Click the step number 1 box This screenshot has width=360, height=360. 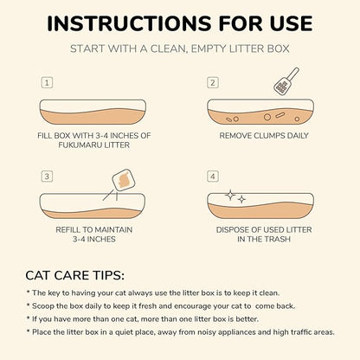click(47, 83)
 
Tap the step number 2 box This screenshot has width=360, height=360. click(213, 83)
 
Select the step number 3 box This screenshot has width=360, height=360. click(47, 177)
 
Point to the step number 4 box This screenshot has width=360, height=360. click(213, 177)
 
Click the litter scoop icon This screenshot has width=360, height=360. click(286, 81)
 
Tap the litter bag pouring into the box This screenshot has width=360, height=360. click(122, 181)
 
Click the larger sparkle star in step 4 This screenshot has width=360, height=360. click(230, 196)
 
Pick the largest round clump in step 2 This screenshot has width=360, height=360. click(267, 117)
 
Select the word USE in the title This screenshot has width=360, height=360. click(292, 23)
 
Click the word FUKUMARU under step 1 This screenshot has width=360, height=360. click(79, 145)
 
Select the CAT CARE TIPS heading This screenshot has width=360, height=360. click(74, 275)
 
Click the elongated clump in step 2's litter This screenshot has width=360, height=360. click(280, 115)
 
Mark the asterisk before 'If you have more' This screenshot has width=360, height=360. click(28, 318)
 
